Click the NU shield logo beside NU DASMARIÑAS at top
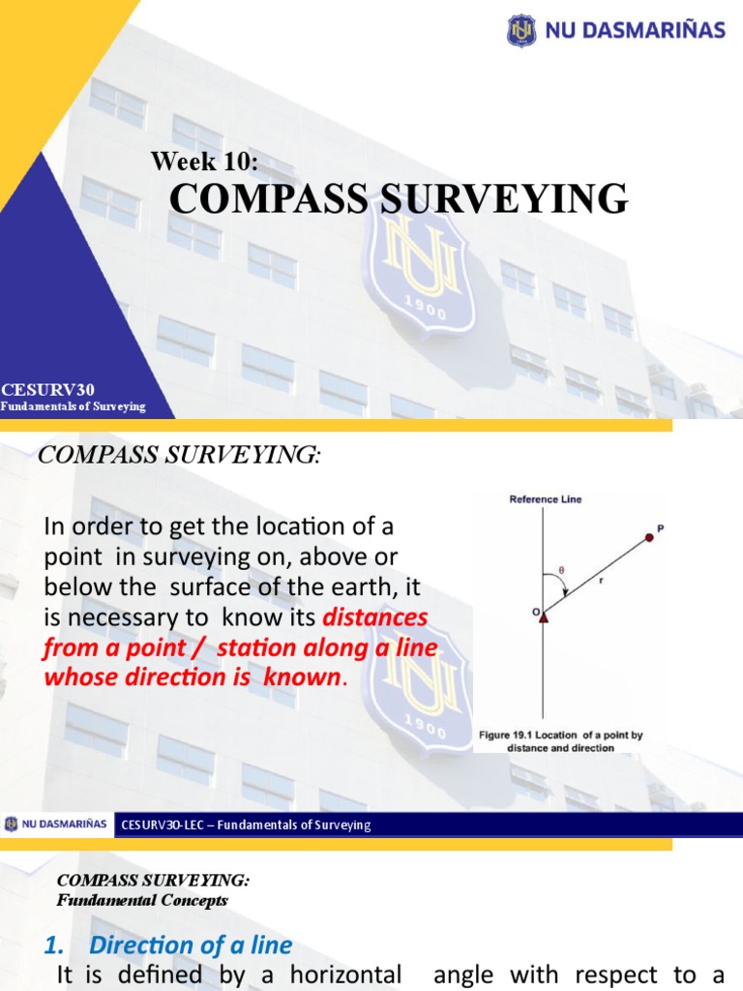click(x=521, y=30)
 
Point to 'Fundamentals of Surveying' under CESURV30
click(x=73, y=406)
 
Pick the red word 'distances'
click(x=374, y=616)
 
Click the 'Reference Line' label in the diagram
click(x=546, y=499)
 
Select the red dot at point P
click(x=649, y=537)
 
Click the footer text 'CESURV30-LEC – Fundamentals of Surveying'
click(x=246, y=825)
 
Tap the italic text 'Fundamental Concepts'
click(x=142, y=900)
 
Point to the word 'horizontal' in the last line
click(x=345, y=976)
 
